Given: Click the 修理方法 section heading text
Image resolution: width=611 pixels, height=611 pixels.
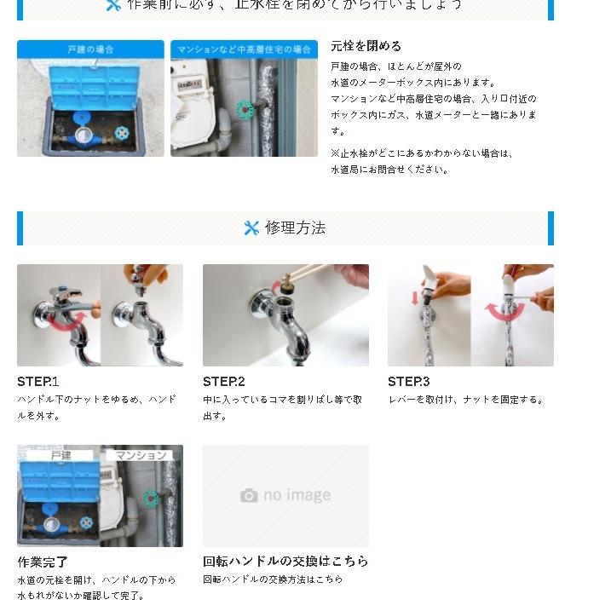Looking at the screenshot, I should tap(295, 228).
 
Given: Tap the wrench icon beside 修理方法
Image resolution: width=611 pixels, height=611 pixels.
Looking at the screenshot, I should tap(251, 228).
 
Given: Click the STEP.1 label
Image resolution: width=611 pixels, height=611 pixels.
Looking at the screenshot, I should tap(38, 382).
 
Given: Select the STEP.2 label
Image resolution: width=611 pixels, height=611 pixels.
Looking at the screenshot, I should tap(224, 382).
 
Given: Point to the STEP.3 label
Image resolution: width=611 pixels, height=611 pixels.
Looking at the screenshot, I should tap(409, 382).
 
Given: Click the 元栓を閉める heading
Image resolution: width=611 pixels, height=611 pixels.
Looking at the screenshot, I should tap(366, 46).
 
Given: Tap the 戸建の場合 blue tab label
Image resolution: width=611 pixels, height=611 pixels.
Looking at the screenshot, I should tap(90, 49).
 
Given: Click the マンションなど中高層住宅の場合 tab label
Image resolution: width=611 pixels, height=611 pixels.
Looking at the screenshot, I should tap(244, 49).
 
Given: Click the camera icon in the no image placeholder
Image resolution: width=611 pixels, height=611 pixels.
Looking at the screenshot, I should tap(249, 495).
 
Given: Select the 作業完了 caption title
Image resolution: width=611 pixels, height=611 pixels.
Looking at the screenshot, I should tap(43, 562).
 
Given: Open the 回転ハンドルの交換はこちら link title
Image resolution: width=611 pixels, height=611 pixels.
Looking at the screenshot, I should tap(285, 561).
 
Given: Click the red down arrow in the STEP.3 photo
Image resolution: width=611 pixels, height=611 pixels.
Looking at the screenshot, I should tap(416, 298).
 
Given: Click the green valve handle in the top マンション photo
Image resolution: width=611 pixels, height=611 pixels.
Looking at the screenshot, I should tap(245, 109).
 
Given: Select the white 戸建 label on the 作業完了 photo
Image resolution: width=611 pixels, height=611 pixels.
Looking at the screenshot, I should tap(61, 455).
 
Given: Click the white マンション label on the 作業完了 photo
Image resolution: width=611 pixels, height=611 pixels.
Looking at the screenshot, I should tap(141, 455).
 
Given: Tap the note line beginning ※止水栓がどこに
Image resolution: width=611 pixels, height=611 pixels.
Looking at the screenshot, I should tap(422, 153).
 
